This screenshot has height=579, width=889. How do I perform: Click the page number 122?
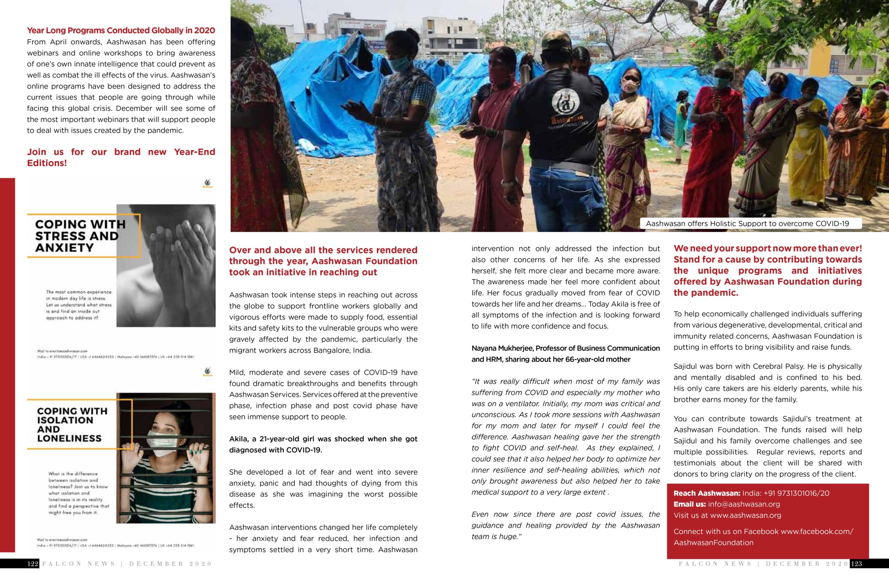coord(33,564)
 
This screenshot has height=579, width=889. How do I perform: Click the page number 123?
coord(856,564)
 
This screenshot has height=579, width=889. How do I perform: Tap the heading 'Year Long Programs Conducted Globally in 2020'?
coord(121,30)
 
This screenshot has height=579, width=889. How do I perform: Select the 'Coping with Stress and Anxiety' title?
coord(80,236)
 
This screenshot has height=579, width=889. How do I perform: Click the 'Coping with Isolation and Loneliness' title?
coord(72,425)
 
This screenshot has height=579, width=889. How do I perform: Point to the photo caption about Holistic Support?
coord(747,224)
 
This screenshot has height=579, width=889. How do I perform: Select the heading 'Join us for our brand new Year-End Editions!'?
coord(121,157)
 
